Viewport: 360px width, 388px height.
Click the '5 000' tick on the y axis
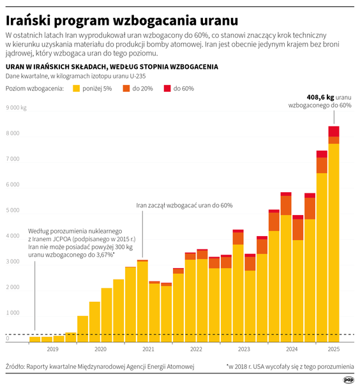click(x=13, y=210)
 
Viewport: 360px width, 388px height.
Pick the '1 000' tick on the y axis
click(x=13, y=313)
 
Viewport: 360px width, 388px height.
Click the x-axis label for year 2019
click(x=52, y=350)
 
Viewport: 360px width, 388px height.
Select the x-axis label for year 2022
click(x=196, y=350)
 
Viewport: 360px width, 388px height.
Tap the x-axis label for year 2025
click(x=333, y=350)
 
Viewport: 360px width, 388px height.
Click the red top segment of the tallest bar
click(x=334, y=131)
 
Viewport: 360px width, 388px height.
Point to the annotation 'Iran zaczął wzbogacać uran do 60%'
click(x=184, y=205)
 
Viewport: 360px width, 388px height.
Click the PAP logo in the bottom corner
click(x=348, y=380)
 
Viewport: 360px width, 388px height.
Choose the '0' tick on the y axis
click(x=8, y=338)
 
